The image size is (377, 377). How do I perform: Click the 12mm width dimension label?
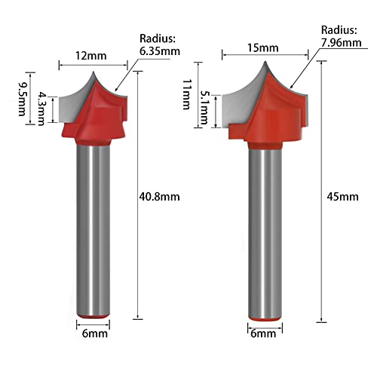pos(91,54)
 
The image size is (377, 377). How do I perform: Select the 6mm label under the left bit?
pos(90,339)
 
